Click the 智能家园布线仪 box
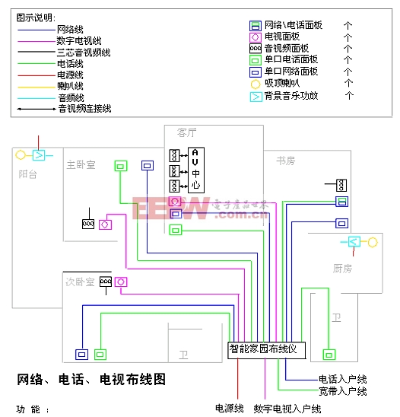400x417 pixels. coord(267,349)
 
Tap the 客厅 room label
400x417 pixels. coord(187,132)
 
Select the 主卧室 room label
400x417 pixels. coord(81,164)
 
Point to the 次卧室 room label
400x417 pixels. coord(80,282)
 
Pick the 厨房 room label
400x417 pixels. coord(343,269)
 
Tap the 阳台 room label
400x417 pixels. coord(28,175)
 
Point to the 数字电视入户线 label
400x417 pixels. coord(287,409)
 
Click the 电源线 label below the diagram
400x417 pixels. coord(229,409)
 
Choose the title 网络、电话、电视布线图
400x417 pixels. coord(91,379)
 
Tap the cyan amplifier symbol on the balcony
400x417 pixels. coord(40,155)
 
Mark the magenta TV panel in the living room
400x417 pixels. coord(175,202)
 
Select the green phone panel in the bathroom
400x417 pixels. coord(329,354)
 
